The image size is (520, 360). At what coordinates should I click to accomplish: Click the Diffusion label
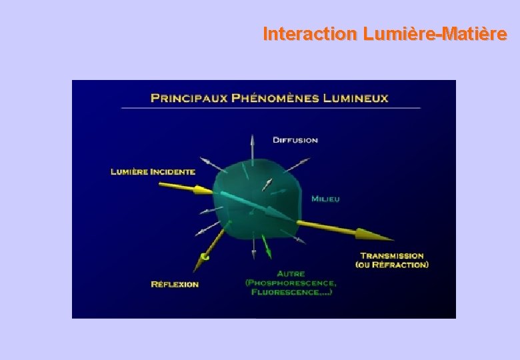pos(295,140)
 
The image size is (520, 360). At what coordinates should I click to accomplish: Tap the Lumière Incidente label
pos(153,171)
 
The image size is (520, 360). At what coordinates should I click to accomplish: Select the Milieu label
pos(325,199)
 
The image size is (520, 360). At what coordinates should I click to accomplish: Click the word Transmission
pos(392,255)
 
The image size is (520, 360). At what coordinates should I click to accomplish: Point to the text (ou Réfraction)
pos(392,265)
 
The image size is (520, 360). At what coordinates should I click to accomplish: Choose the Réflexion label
pos(175,284)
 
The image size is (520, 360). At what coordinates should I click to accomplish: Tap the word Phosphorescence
pos(291,282)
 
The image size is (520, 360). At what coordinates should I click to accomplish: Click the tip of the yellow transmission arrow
pos(392,239)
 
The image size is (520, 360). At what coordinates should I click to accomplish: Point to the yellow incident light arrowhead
pos(204,191)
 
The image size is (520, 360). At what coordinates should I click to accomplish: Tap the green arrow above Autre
pos(267,250)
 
